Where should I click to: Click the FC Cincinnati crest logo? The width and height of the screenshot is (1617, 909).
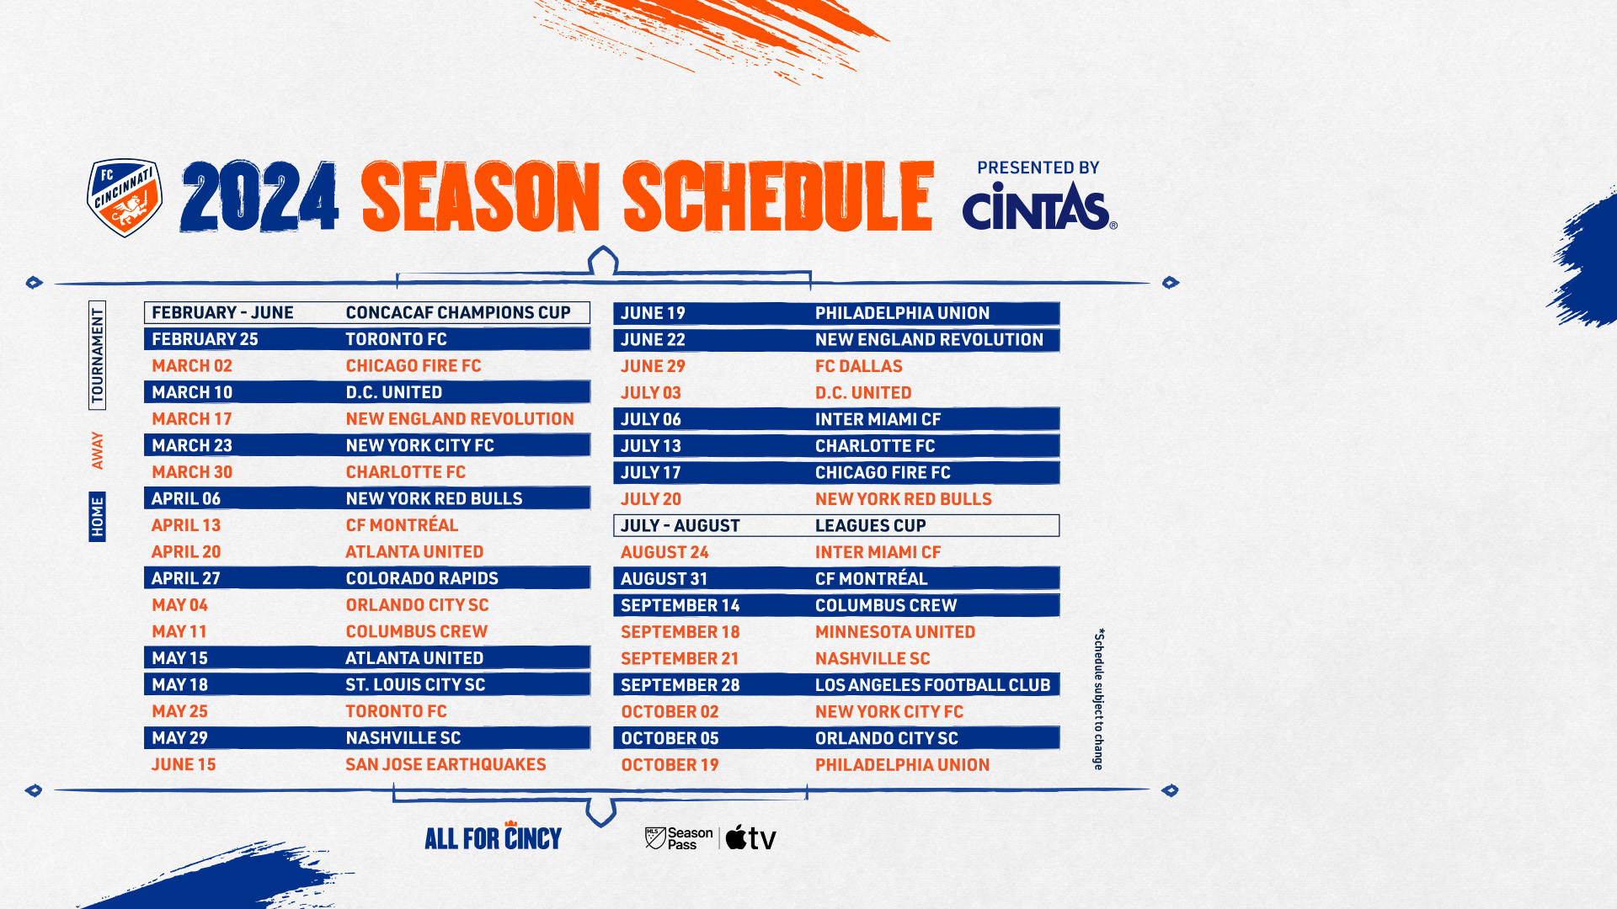coord(125,198)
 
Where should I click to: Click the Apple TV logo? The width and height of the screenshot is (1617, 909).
coord(750,837)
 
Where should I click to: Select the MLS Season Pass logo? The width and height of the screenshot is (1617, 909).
coord(679,838)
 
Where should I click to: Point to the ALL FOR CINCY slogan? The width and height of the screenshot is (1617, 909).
coord(493,836)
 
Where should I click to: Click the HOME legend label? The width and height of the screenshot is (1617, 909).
coord(98,517)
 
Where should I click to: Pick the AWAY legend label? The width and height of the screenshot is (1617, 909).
coord(98,450)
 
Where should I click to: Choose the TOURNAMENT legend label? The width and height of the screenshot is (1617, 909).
coord(98,355)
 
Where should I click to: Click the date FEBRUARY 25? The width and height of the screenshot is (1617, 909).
coord(205,339)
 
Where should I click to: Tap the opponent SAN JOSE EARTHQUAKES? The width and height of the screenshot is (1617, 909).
coord(446,764)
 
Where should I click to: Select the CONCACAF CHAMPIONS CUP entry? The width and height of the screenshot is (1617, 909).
coord(458,312)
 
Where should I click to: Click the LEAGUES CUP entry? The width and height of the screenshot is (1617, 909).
coord(871,525)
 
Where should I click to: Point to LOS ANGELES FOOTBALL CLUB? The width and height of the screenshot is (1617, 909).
coord(933,685)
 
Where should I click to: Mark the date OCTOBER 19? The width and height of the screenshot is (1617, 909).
coord(670,765)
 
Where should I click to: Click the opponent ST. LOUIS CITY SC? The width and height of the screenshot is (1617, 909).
coord(415,684)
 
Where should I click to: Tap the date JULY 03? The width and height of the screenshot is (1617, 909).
coord(651,393)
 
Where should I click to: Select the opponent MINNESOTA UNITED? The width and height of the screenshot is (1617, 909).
coord(895,632)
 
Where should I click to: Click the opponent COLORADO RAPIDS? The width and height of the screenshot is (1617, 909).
coord(422,578)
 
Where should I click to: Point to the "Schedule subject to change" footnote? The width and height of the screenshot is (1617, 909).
coord(1099,699)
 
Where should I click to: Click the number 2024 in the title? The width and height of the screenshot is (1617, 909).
coord(259,197)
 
